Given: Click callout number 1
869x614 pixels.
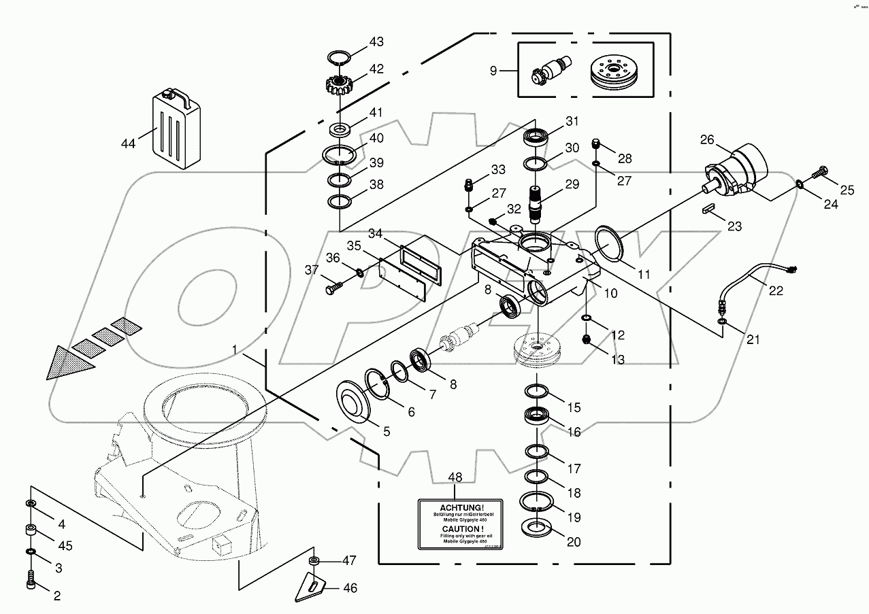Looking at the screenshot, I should (234, 349).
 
